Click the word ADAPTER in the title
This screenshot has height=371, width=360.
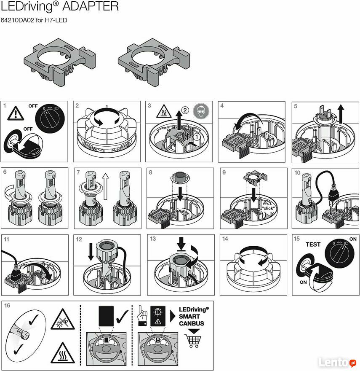tap(91, 6)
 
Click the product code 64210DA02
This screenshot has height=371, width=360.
tap(17, 20)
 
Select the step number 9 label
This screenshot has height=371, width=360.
tap(224, 172)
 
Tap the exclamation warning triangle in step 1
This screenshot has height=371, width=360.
tap(16, 113)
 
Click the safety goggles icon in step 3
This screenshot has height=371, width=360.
tap(201, 111)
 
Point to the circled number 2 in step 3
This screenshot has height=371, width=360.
tap(185, 110)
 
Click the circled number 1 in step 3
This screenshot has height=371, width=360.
tap(197, 137)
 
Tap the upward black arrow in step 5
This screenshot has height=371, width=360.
tap(341, 114)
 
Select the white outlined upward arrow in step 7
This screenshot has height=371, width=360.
tap(105, 186)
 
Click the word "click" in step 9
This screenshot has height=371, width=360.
tap(268, 208)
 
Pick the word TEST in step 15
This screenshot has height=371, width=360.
tap(313, 245)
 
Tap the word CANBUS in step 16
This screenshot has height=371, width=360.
tap(192, 323)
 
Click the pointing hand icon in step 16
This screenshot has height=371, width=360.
tap(142, 316)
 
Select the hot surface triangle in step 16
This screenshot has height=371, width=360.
tap(63, 353)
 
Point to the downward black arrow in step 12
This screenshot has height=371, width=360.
tap(91, 252)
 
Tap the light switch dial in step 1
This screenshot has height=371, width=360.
tap(50, 119)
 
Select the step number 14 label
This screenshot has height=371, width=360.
tap(225, 239)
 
